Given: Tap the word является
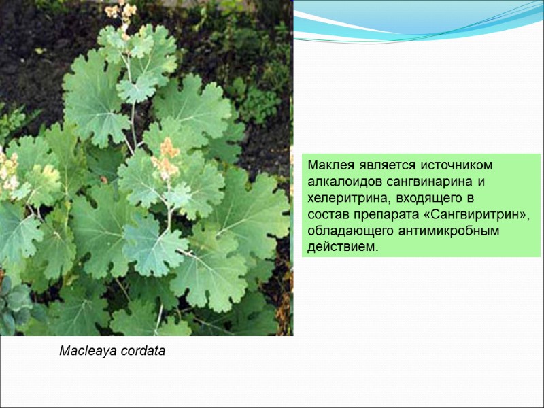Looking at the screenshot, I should (376, 165).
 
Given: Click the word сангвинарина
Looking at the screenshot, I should (422, 182).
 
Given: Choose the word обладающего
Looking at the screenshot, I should (343, 231).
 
